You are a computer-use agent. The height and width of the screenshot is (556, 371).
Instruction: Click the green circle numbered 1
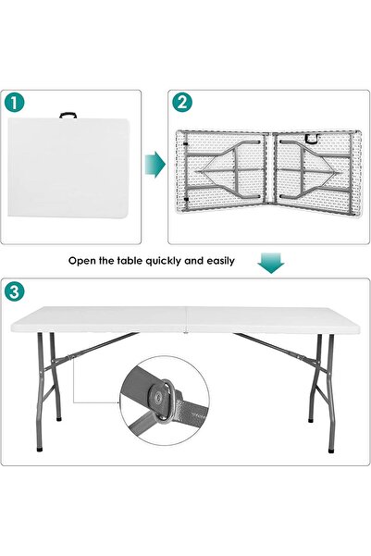pos(14,102)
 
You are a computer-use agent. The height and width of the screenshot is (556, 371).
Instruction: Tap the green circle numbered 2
pos(181,102)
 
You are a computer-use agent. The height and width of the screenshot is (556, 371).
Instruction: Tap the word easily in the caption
pos(218,261)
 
